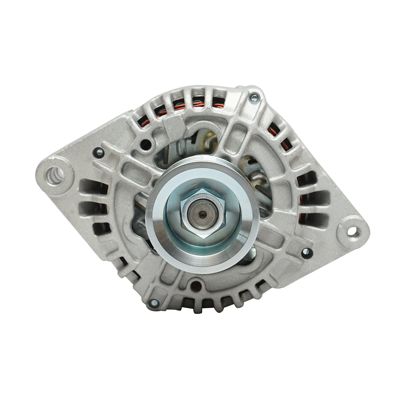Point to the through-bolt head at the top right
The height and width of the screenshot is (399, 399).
coord(254,97)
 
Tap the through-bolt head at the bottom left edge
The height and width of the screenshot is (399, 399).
coord(154,302)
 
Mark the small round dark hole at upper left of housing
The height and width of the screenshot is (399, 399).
coord(144,143)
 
